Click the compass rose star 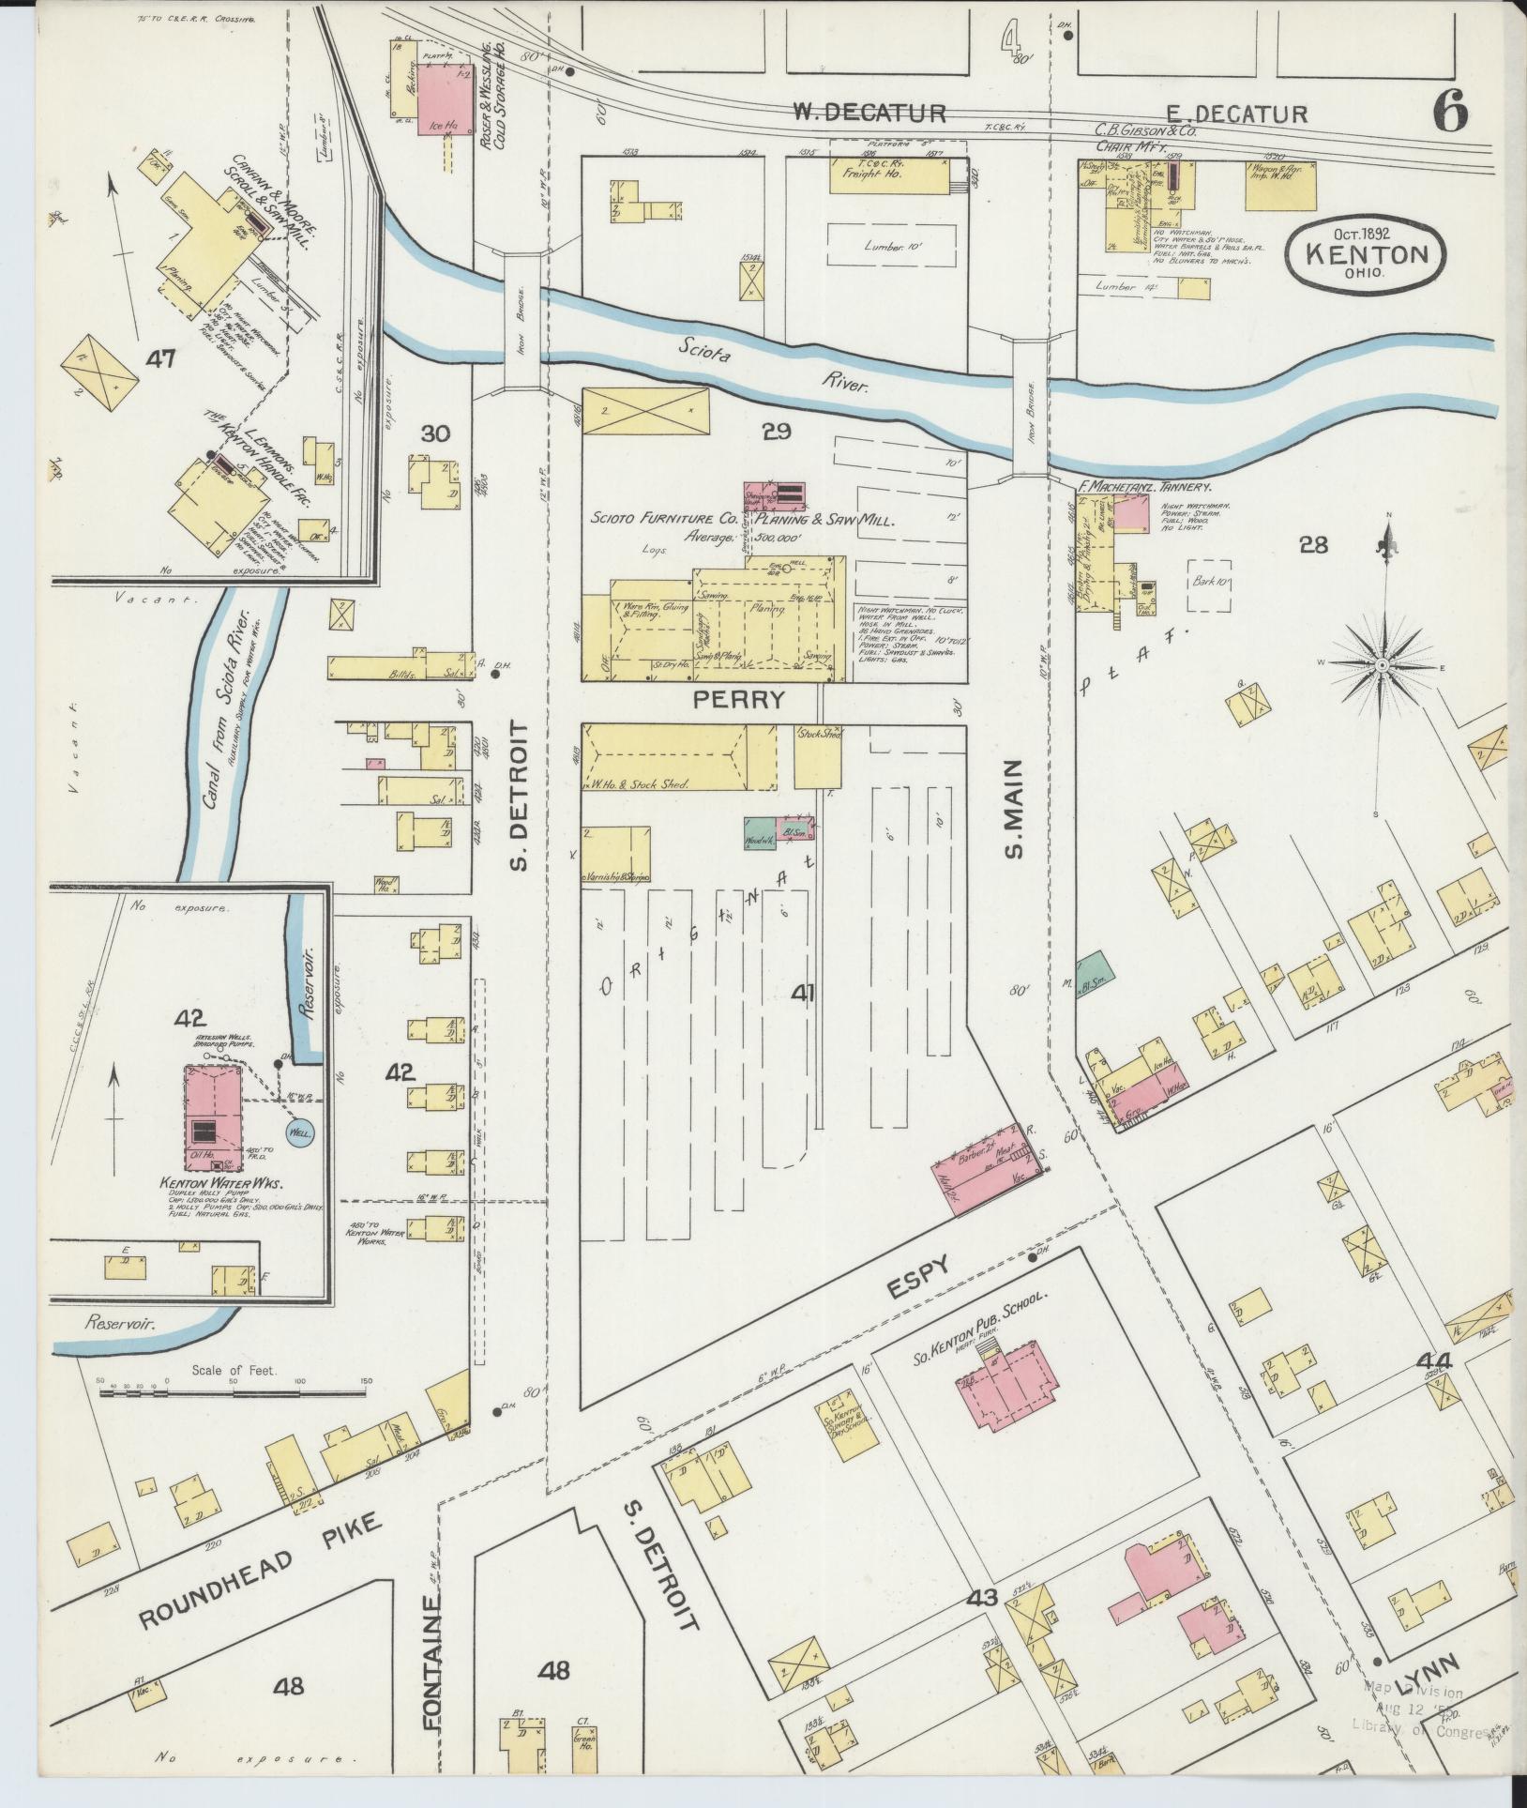pos(1381,665)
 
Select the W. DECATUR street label pos(869,114)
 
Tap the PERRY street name pos(737,699)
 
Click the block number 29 pos(777,432)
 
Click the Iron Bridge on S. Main pos(1029,406)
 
